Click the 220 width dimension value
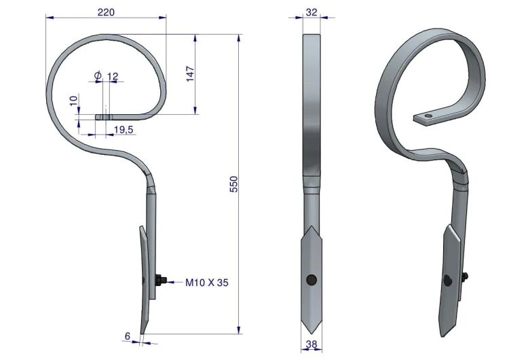coord(106,12)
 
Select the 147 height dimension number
coord(190,74)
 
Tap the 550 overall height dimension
coord(233,184)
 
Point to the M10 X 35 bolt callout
coord(207,283)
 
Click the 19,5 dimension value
coord(124,130)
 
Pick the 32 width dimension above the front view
coord(312,12)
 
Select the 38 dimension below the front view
coord(312,344)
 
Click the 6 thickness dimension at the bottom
coord(128,336)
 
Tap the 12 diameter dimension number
coord(113,77)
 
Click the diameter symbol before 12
coord(98,75)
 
